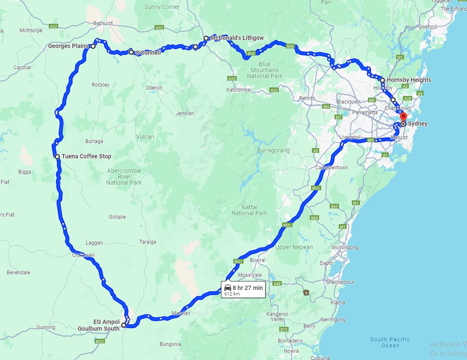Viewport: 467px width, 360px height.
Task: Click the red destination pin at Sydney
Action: click(x=403, y=117)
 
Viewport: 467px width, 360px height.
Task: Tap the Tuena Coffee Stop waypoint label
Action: click(x=86, y=156)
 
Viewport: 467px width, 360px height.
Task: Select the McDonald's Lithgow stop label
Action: click(x=237, y=38)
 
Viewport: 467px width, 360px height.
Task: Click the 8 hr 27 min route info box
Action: click(x=243, y=290)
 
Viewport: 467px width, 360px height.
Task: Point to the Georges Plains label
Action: click(x=68, y=46)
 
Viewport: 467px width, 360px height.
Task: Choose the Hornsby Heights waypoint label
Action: click(x=409, y=80)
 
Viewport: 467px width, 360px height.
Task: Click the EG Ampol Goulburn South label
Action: click(x=99, y=325)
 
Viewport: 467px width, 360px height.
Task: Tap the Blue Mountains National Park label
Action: click(x=265, y=70)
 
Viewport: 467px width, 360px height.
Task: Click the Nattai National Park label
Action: click(x=249, y=210)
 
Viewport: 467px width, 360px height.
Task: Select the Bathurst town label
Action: click(x=103, y=23)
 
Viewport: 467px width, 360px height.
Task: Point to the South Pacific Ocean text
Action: click(x=390, y=342)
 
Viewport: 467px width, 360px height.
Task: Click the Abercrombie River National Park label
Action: click(x=124, y=177)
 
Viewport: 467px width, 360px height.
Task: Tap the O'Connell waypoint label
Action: click(x=148, y=53)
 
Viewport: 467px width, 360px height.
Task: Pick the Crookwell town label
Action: click(x=83, y=255)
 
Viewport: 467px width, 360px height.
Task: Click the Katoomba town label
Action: click(x=238, y=90)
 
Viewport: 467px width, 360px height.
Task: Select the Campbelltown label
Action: click(x=331, y=168)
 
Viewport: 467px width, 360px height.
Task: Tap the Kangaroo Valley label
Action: click(x=277, y=316)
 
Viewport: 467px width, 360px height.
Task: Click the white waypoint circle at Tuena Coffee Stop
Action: click(x=57, y=157)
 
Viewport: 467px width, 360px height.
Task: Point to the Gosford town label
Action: click(x=427, y=26)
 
